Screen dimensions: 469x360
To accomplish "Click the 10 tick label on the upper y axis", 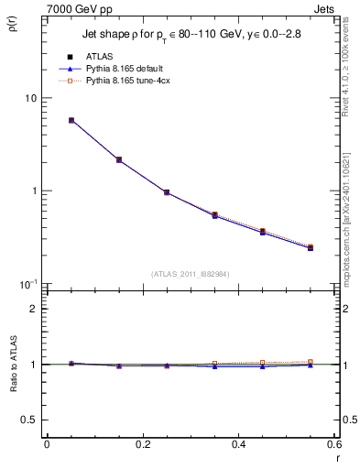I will pos(29,98).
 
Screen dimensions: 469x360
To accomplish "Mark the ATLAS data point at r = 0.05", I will pos(71,120).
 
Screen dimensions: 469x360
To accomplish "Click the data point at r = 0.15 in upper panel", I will pos(119,159).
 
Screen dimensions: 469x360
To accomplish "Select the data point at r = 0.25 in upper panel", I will pos(166,192).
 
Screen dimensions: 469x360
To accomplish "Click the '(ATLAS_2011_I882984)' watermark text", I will pos(190,274).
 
